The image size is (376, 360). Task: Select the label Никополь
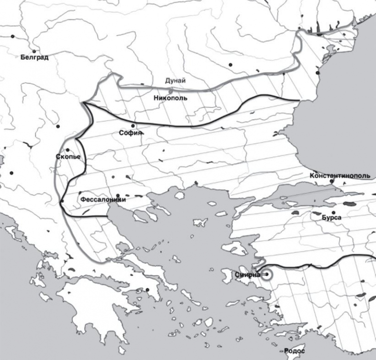coord(170,98)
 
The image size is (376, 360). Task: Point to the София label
coord(130,134)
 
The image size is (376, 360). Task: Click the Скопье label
coord(68,157)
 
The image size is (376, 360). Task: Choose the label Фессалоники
coord(103,200)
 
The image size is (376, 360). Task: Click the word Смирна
coord(247,274)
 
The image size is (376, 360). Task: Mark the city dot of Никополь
coord(170,91)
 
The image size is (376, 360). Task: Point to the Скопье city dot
coord(68,150)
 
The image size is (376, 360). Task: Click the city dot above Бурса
coord(334,212)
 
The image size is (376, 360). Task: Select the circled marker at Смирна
coord(267,274)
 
